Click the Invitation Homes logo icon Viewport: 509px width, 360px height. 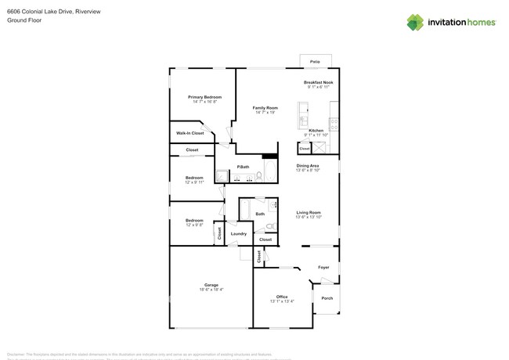pos(415,22)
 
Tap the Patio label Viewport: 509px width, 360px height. pos(315,61)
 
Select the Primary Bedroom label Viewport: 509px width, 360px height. pos(204,97)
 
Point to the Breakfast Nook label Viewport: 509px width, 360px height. pos(319,82)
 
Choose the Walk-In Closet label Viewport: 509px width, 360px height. pos(190,133)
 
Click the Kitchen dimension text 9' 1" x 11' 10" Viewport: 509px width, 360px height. pos(317,135)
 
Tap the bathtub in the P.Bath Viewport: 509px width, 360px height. pos(269,170)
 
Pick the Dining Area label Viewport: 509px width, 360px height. pos(307,165)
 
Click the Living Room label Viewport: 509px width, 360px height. pos(308,212)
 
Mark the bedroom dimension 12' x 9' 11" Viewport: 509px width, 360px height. pos(194,182)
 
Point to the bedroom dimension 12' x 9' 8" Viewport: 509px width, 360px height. pos(194,225)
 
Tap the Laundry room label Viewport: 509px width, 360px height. pos(239,233)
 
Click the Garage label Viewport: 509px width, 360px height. pos(211,285)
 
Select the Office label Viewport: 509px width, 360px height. pos(282,297)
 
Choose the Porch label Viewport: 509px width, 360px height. pos(327,298)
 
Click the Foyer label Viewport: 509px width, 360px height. pos(323,268)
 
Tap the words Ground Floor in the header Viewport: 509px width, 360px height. pos(24,20)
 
